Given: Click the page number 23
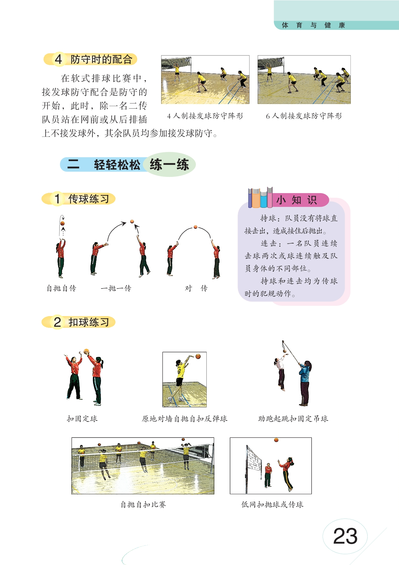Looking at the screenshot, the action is pos(345,536).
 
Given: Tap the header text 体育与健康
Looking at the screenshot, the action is pos(313,25).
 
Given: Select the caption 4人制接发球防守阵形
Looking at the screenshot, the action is pos(205,116).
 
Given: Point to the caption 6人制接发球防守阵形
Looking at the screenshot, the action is pos(304,116).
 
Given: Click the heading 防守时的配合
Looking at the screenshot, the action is pos(101,59).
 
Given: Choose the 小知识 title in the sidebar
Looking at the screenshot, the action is pos(297,200).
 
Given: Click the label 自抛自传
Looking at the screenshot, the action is pos(61,288).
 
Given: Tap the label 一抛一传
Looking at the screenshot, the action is pos(116,288).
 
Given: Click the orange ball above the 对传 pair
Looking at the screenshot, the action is pos(195,227).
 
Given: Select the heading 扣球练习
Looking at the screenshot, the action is pos(89,322).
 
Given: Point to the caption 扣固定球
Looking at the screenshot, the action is pos(82,419).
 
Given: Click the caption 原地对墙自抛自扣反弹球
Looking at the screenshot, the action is pos(185,419).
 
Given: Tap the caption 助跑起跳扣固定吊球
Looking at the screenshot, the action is pos(293,419).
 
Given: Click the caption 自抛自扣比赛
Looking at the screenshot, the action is pos(143,504).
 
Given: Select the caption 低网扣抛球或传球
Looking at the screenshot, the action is pos(272,504).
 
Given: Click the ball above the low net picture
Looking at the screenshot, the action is pos(276,440).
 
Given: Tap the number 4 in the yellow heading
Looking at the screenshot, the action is pos(58,59).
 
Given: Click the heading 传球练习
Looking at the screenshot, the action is pos(89,199).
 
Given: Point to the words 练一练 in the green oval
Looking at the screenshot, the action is pos(169,165).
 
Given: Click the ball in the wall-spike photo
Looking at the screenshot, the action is pos(198,356).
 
